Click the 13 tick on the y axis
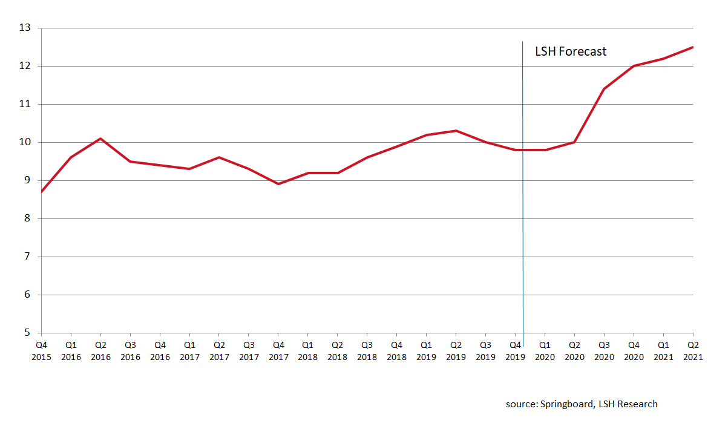pyautogui.click(x=25, y=28)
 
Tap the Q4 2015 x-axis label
pyautogui.click(x=41, y=351)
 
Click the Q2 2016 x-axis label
pyautogui.click(x=100, y=351)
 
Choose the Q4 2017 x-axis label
pyautogui.click(x=278, y=351)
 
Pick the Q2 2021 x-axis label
pyautogui.click(x=693, y=351)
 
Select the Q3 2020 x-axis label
pyautogui.click(x=604, y=351)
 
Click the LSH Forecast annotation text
pyautogui.click(x=571, y=52)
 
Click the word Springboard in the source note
pyautogui.click(x=565, y=404)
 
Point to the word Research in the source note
pyautogui.click(x=638, y=404)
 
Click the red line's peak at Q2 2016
pyautogui.click(x=100, y=139)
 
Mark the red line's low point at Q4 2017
pyautogui.click(x=278, y=184)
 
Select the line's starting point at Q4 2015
pyautogui.click(x=41, y=192)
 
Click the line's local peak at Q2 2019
pyautogui.click(x=456, y=131)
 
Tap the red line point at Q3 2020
pyautogui.click(x=604, y=89)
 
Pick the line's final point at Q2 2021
pyautogui.click(x=693, y=47)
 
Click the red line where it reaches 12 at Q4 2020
pyautogui.click(x=634, y=66)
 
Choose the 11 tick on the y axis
pyautogui.click(x=25, y=104)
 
